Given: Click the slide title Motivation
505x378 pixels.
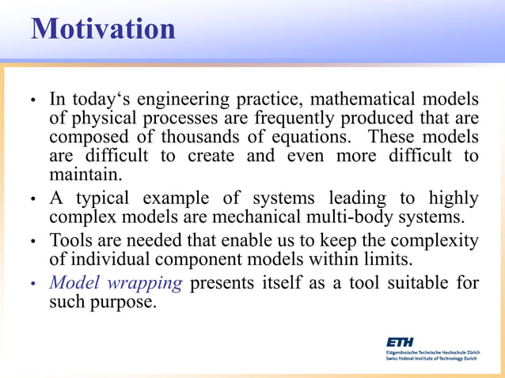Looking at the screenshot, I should [103, 28].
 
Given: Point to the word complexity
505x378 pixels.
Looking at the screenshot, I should [435, 241].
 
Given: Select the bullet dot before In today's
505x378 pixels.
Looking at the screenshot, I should [33, 102].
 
